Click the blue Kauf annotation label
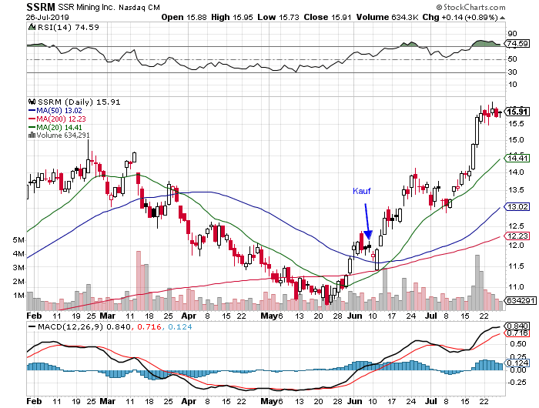[x=363, y=190]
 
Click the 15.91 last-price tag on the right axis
[x=516, y=112]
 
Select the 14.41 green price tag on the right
[x=515, y=157]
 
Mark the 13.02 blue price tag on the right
[x=515, y=206]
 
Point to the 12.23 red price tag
[x=515, y=236]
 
